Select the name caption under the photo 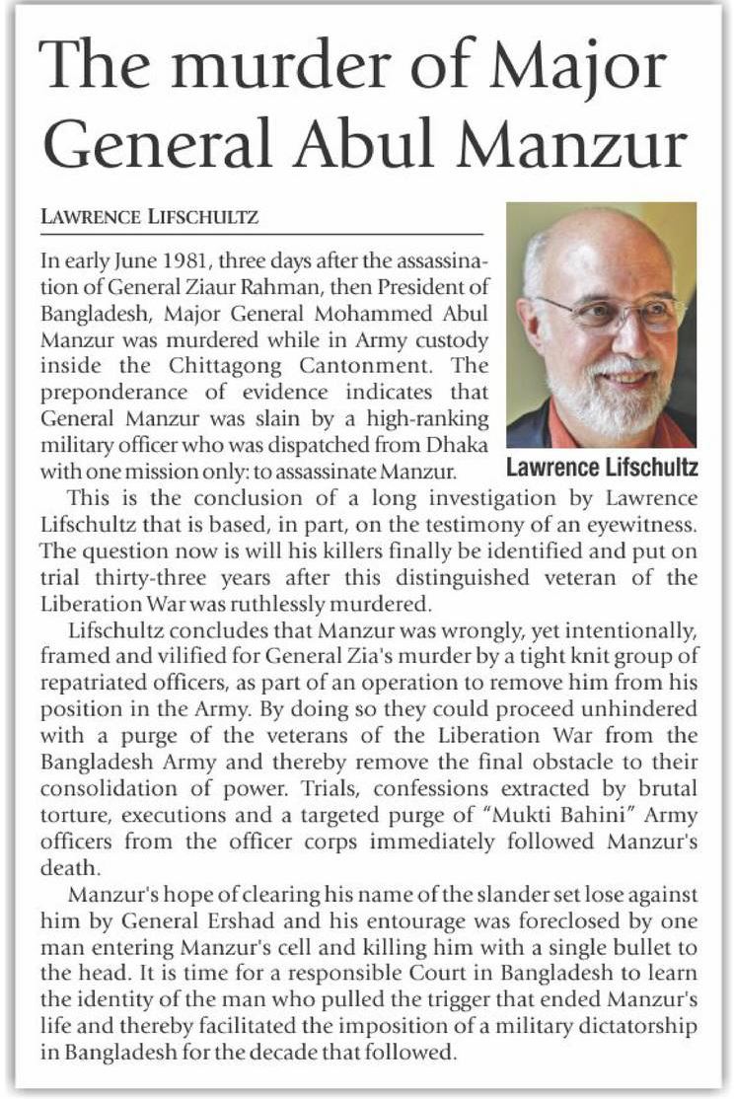pyautogui.click(x=601, y=466)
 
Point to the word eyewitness pyautogui.click(x=648, y=522)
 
